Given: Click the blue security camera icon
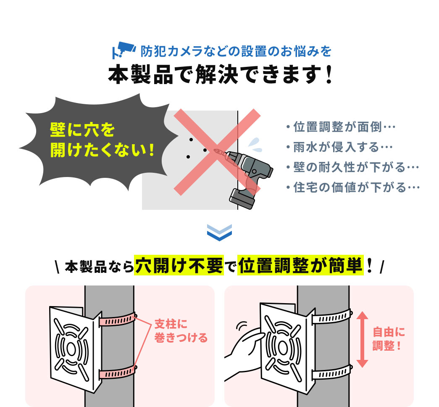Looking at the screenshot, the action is pyautogui.click(x=124, y=50).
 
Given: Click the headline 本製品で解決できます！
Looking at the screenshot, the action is pyautogui.click(x=220, y=74).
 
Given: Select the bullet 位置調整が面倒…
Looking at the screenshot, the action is pyautogui.click(x=341, y=127).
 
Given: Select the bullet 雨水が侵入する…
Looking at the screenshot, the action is pyautogui.click(x=339, y=147).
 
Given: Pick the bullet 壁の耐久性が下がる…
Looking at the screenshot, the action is pyautogui.click(x=352, y=167).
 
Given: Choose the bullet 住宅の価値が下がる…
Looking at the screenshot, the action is pyautogui.click(x=353, y=188).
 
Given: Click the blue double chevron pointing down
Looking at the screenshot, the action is pyautogui.click(x=219, y=233).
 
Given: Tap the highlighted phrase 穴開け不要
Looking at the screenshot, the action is pyautogui.click(x=179, y=265).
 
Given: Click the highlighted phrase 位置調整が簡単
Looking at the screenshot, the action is pyautogui.click(x=300, y=265).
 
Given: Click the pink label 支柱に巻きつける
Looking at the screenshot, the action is pyautogui.click(x=181, y=331).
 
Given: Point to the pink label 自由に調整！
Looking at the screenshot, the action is pyautogui.click(x=389, y=339).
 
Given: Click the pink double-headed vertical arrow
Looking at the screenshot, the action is pyautogui.click(x=363, y=339).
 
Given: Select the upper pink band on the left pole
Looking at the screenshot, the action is pyautogui.click(x=118, y=320).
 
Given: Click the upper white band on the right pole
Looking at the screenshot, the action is pyautogui.click(x=332, y=317).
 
